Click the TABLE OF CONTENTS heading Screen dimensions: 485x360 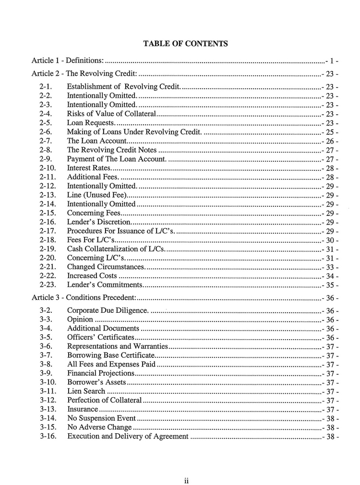pos(185,44)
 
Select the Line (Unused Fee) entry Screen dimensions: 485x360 pos(97,195)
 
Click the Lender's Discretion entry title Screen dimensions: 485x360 pos(99,222)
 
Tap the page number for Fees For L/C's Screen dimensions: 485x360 pos(330,240)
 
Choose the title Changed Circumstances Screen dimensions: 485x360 pos(106,267)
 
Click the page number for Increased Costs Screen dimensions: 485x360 pos(330,276)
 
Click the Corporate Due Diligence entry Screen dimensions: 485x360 pos(108,310)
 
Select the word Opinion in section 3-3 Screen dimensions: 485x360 pos(80,319)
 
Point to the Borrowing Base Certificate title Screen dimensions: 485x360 pos(111,355)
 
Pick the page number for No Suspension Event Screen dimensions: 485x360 pos(330,418)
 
